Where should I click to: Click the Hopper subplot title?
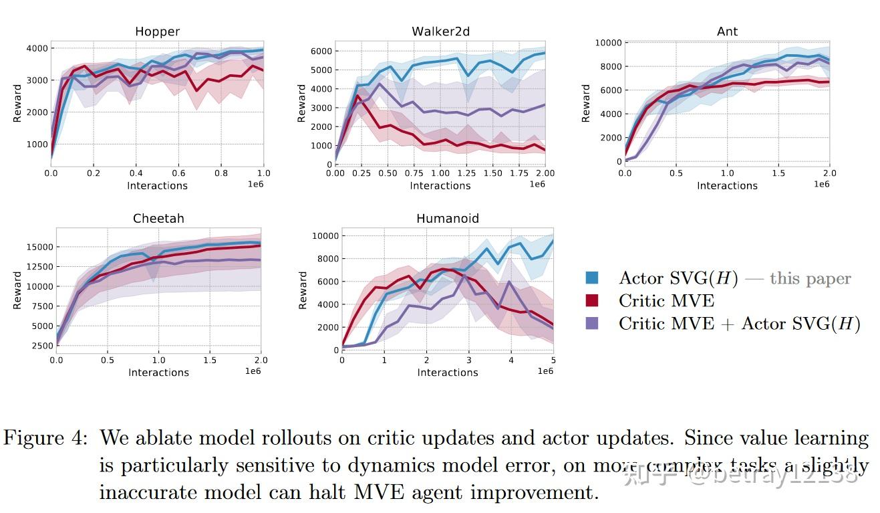(x=157, y=31)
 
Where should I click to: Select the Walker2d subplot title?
(x=440, y=31)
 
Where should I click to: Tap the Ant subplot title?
(x=727, y=31)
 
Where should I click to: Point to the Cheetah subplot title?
(x=158, y=219)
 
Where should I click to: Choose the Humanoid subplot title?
(x=447, y=219)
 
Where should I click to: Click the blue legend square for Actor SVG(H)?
(x=591, y=278)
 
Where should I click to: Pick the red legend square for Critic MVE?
(x=591, y=301)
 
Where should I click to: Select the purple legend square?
(x=591, y=323)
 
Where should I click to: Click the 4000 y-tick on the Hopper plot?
(x=37, y=49)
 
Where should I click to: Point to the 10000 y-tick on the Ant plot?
(x=608, y=43)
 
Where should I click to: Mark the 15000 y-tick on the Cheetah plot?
(x=39, y=247)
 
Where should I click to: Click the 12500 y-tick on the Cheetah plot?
(x=39, y=267)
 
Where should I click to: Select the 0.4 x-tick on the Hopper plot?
(x=136, y=173)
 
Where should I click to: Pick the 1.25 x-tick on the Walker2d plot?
(x=466, y=173)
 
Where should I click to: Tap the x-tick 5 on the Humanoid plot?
(x=553, y=361)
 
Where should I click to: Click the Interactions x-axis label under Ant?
(x=727, y=185)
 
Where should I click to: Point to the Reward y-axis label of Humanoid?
(x=303, y=290)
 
